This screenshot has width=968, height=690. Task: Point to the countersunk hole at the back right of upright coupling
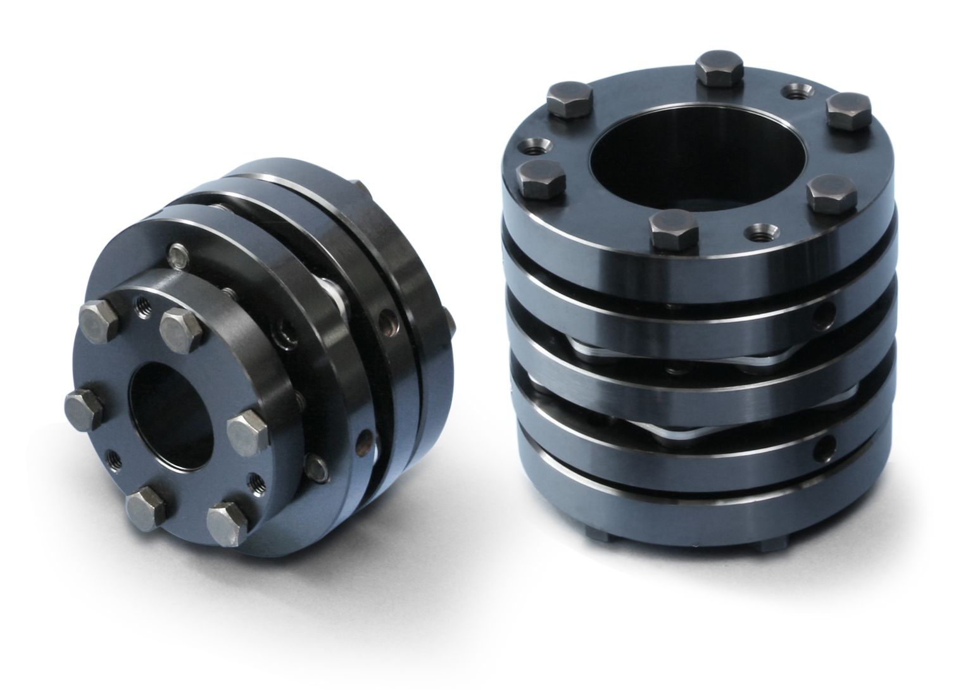click(794, 92)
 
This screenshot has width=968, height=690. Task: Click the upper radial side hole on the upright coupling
click(822, 311)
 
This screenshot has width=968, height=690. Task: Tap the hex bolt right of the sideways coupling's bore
click(246, 431)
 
